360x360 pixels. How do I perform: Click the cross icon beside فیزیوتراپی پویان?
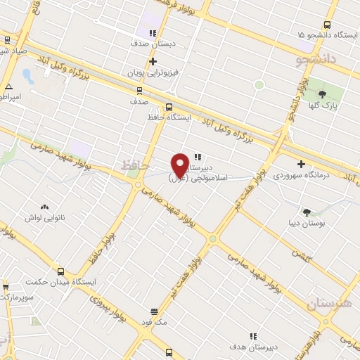coord(153,62)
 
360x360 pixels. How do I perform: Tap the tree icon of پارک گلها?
coord(323,94)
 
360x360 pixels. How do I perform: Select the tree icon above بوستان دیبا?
coord(307,212)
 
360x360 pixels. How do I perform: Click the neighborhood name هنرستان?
coord(329,304)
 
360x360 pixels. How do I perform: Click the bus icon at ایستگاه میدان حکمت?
coord(60,271)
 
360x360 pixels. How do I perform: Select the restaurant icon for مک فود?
coord(154,311)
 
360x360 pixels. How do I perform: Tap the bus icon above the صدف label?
coord(139,90)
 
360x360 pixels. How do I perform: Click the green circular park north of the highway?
coord(259,84)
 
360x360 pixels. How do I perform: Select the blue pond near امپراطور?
coord(27,75)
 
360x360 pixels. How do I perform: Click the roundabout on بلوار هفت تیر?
coord(212,240)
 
